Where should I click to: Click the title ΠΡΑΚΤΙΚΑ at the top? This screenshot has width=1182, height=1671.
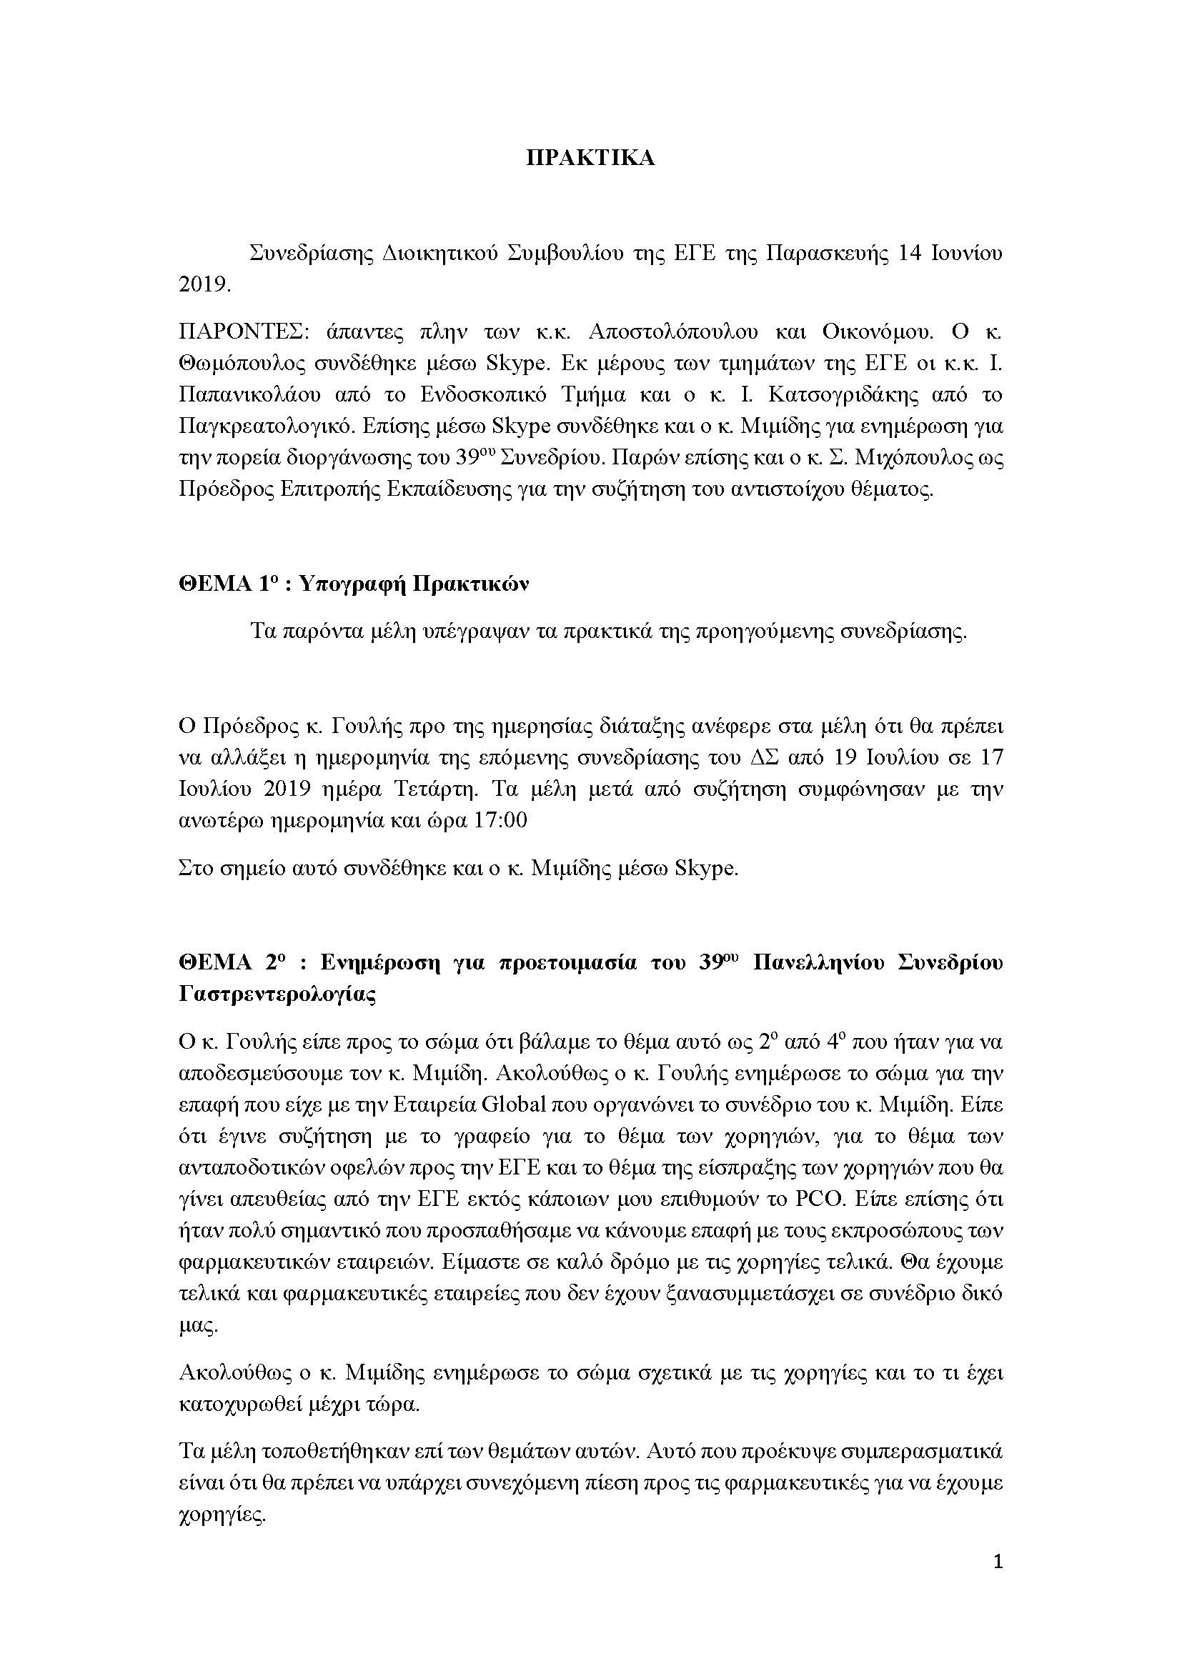click(590, 159)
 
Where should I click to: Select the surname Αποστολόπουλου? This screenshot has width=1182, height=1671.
click(673, 332)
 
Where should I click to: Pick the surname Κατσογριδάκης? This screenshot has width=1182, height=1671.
click(855, 394)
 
